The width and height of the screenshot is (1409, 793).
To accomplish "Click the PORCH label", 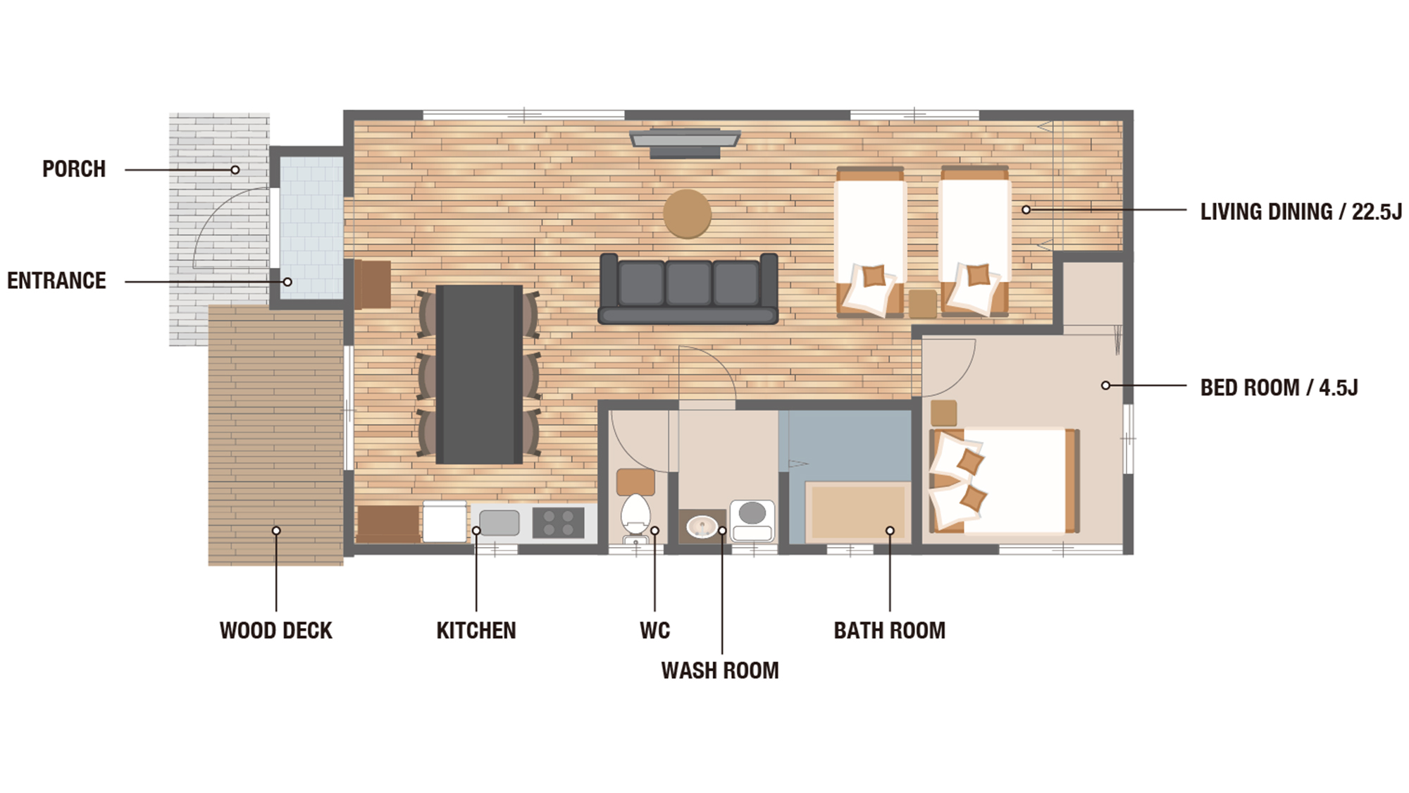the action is point(74,169).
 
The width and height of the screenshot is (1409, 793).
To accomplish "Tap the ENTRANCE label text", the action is point(56,281).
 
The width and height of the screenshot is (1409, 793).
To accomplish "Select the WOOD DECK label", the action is point(275,630).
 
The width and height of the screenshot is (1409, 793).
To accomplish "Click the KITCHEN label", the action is point(476,630).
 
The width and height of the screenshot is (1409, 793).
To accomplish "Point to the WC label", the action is point(654,630).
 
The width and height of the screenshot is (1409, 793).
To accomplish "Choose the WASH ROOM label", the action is point(720,670).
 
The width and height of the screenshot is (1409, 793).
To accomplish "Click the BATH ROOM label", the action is point(890,630).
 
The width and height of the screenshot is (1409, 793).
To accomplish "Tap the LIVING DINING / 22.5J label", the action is point(1301,211).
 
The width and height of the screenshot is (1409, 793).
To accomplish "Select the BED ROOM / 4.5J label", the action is point(1279,388).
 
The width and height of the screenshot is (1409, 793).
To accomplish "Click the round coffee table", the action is point(687,214).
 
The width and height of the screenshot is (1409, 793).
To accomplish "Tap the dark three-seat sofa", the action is point(688,288).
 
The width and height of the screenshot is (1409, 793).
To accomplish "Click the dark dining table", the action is point(479,374).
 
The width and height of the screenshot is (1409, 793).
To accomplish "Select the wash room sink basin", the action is point(702,527).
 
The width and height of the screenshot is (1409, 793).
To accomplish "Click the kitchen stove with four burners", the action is point(558,523).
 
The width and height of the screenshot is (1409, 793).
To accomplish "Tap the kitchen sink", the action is point(499,523).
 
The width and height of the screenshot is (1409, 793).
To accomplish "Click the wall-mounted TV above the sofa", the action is point(685,142).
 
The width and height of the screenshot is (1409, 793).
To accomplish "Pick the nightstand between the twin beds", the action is point(922,304).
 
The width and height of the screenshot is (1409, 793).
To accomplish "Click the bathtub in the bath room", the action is point(857,511).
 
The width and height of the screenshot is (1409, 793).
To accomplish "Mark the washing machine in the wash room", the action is point(752,520).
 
